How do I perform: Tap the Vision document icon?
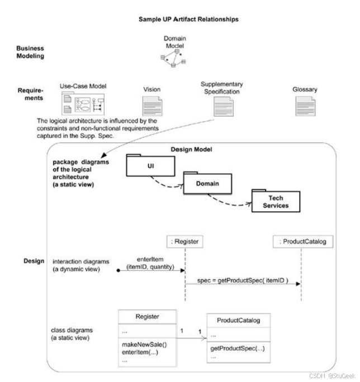point(152,106)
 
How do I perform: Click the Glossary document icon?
point(305,106)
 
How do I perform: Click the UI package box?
point(150,166)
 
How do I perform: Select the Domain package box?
point(207,183)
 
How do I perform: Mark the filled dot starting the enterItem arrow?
point(119,270)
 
